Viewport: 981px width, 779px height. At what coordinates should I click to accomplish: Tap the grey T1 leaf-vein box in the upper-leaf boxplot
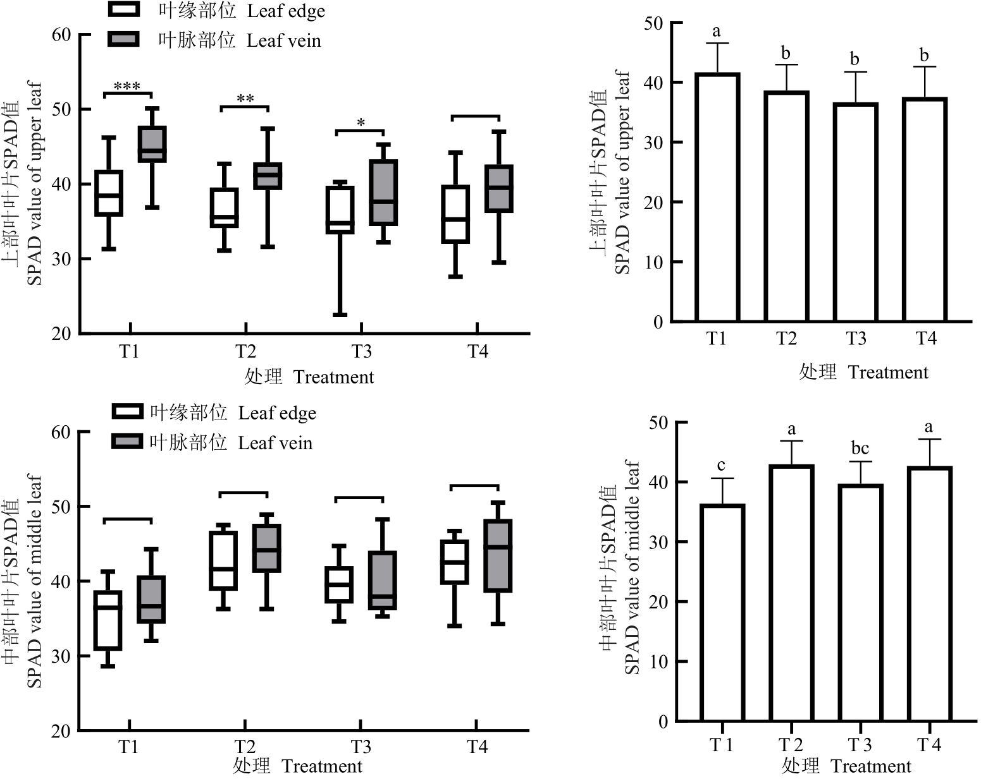point(152,144)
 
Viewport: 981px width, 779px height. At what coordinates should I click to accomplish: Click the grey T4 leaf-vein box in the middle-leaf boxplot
point(498,556)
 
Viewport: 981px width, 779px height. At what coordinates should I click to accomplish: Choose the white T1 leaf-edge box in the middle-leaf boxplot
point(108,620)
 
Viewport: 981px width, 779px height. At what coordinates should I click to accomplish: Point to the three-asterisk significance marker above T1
point(127,86)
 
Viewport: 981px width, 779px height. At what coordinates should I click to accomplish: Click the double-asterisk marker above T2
point(245,99)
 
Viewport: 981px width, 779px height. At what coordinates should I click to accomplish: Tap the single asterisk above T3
point(361,123)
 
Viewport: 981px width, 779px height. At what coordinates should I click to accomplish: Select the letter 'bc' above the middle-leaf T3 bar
point(860,449)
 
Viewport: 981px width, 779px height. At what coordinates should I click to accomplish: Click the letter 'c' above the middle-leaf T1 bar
point(721,466)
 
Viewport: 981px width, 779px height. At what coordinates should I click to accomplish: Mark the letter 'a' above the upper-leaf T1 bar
point(717,30)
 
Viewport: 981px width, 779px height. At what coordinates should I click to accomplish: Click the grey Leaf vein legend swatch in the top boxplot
point(123,39)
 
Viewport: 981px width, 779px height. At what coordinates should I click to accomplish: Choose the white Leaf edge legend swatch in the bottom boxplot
point(127,412)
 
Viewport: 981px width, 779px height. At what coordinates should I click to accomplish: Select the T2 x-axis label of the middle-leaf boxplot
point(245,747)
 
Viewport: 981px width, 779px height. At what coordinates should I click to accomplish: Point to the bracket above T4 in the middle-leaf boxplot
point(474,486)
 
